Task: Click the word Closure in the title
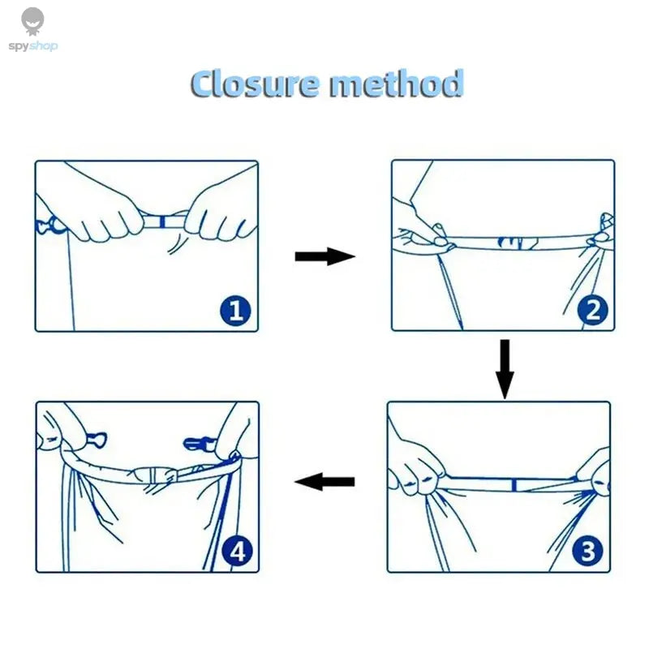(255, 84)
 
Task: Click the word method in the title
(396, 84)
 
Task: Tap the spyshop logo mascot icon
(32, 21)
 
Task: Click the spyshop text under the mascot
(33, 46)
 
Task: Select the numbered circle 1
(235, 310)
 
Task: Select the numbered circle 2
(593, 310)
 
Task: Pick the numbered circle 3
(587, 551)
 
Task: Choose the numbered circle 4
(237, 552)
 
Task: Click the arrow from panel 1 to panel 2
(325, 256)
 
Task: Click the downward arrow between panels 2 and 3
(505, 369)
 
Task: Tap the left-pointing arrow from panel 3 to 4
(324, 481)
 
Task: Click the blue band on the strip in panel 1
(162, 221)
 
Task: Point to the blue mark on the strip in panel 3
(514, 484)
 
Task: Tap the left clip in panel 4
(96, 439)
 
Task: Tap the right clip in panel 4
(198, 443)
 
